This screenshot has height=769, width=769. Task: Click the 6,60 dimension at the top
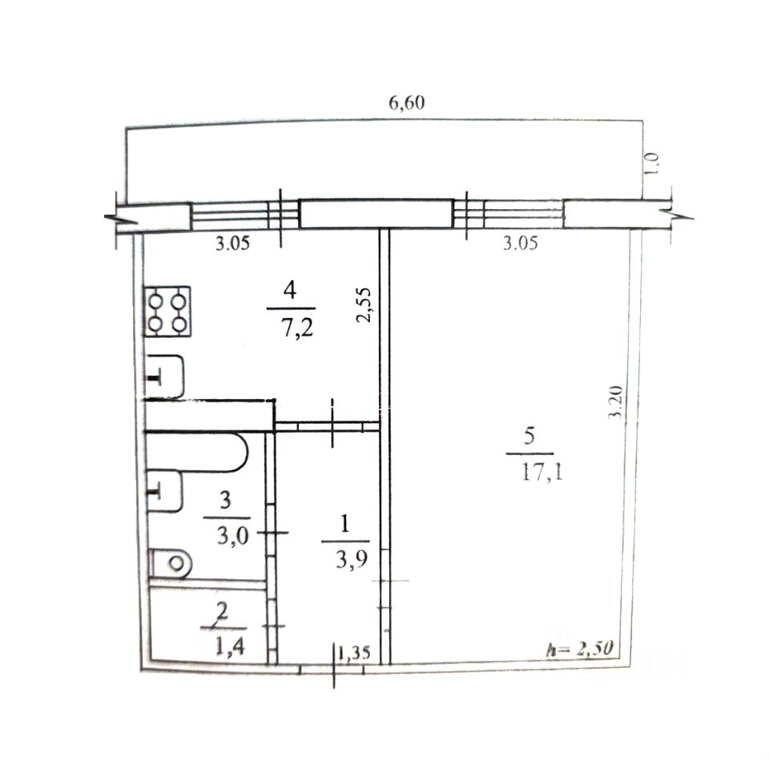(407, 103)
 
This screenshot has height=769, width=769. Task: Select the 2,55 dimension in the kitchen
(364, 304)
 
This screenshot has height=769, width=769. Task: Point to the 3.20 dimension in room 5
(615, 403)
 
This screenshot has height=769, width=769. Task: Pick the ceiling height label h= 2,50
(580, 648)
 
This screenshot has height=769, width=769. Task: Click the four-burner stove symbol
(167, 312)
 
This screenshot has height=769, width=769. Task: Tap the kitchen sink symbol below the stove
(165, 376)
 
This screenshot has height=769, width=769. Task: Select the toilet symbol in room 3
(170, 563)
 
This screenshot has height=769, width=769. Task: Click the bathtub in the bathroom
(197, 452)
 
